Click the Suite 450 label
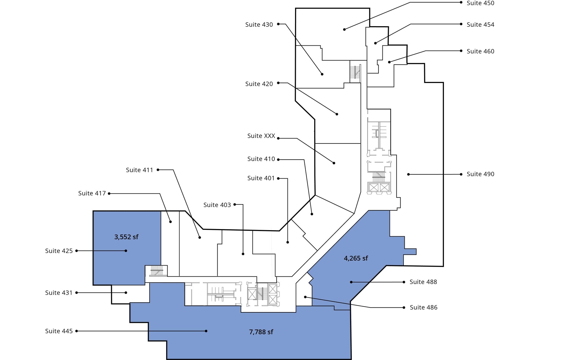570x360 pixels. pyautogui.click(x=480, y=3)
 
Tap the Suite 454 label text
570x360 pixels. pyautogui.click(x=480, y=25)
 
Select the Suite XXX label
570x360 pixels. pyautogui.click(x=261, y=136)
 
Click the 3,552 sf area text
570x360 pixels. pyautogui.click(x=126, y=237)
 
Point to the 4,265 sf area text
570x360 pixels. pyautogui.click(x=356, y=258)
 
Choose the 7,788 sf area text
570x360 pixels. pyautogui.click(x=261, y=332)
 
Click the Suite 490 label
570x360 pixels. pyautogui.click(x=480, y=174)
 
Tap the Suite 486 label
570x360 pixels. pyautogui.click(x=423, y=307)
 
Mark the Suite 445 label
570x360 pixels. pyautogui.click(x=59, y=331)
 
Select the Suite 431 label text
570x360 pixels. pyautogui.click(x=59, y=293)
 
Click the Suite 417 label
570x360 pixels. pyautogui.click(x=92, y=193)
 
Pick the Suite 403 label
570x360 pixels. pyautogui.click(x=217, y=205)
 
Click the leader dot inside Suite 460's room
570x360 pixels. pyautogui.click(x=389, y=62)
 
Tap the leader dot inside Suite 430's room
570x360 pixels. pyautogui.click(x=322, y=74)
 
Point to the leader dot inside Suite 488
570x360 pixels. pyautogui.click(x=351, y=282)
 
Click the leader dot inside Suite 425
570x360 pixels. pyautogui.click(x=126, y=251)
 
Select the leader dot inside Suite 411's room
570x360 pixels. pyautogui.click(x=200, y=237)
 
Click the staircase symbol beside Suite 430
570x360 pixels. pyautogui.click(x=355, y=72)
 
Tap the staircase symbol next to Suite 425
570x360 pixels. pyautogui.click(x=157, y=271)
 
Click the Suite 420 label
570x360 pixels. pyautogui.click(x=259, y=84)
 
